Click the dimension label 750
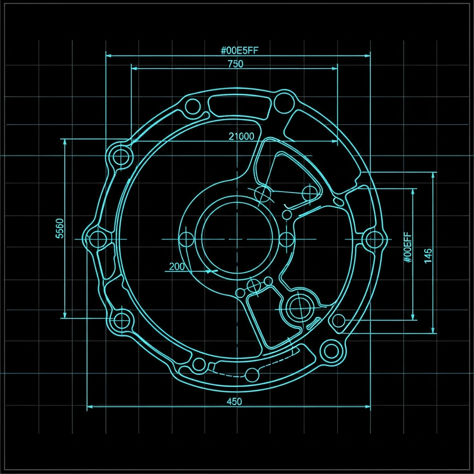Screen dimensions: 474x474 point(236,64)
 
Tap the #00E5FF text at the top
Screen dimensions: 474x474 point(239,50)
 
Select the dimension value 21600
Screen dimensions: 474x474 point(241,137)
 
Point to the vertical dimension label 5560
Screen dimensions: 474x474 point(60,228)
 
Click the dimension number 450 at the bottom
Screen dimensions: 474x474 point(234,401)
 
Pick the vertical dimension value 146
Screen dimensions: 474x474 point(428,256)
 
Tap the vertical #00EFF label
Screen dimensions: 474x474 point(408,247)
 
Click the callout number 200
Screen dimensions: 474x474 point(176,266)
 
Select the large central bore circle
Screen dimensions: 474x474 point(237,239)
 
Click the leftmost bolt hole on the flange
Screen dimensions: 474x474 point(98,239)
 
